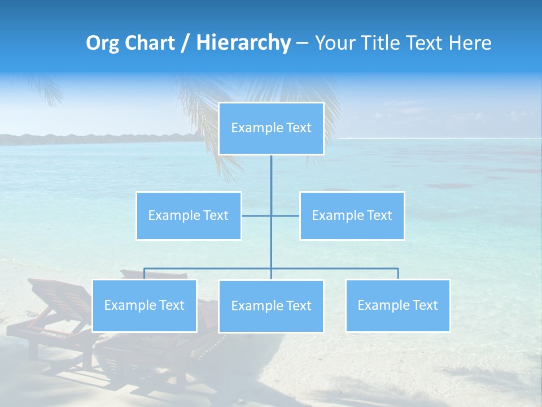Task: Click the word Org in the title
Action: coord(102,43)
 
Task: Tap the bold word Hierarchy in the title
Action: coord(243,43)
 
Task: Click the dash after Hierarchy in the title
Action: coord(302,44)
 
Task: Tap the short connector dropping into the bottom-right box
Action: coord(397,274)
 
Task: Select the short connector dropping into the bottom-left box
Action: coord(144,274)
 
